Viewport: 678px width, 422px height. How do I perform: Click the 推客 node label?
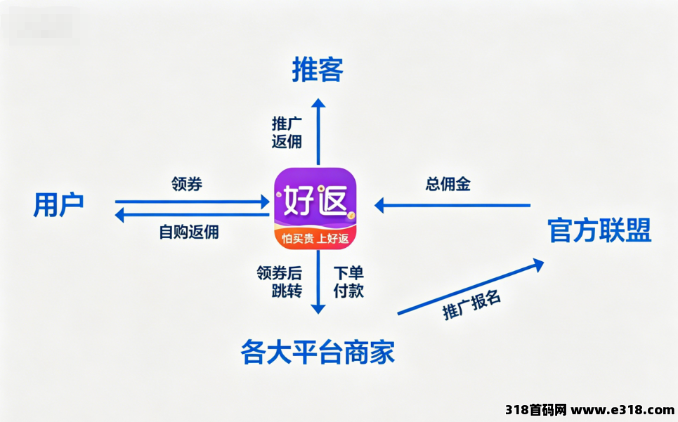tap(318, 70)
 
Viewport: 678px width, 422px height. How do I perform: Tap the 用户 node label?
tap(58, 205)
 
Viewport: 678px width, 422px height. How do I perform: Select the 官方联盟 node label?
tap(599, 230)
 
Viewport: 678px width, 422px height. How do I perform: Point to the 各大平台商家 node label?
tap(318, 352)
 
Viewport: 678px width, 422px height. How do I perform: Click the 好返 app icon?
tap(315, 209)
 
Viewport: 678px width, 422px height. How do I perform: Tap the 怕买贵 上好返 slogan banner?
tap(315, 238)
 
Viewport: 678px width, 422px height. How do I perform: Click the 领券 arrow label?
tap(187, 183)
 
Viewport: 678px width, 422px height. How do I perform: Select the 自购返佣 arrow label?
tap(189, 232)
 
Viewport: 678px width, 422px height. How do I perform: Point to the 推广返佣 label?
tap(287, 132)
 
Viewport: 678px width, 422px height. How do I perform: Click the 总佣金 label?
tap(448, 184)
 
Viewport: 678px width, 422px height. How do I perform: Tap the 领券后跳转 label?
tap(280, 282)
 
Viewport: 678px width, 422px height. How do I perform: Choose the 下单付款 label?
tap(348, 282)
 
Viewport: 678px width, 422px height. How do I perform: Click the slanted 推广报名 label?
tap(471, 305)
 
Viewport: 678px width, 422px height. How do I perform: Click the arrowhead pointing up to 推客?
tap(318, 103)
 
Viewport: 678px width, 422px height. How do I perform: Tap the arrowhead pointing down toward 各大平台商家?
tap(318, 309)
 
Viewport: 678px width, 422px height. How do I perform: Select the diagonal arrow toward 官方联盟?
tap(471, 286)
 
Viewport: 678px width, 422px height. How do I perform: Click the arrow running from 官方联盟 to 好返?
tap(452, 206)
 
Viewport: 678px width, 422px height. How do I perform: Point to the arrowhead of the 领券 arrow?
tap(265, 202)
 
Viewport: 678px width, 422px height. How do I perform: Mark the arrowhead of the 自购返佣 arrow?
tap(119, 215)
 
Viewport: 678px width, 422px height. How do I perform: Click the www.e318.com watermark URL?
tap(622, 409)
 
